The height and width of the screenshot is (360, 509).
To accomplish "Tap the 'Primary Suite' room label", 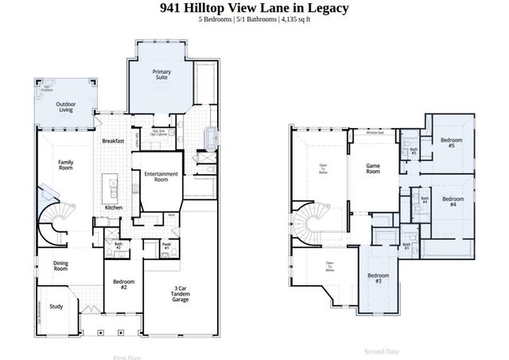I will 162,75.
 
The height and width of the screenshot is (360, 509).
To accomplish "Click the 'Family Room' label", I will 66,165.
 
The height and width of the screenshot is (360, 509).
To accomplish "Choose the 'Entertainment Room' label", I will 161,177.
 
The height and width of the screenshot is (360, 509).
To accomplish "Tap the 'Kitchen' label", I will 114,208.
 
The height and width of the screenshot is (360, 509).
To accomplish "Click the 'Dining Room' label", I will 60,266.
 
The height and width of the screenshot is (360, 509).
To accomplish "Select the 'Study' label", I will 56,306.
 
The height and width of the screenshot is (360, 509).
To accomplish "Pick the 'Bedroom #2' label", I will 123,285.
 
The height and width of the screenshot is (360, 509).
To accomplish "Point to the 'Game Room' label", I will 373,168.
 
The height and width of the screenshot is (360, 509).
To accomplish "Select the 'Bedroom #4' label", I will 453,201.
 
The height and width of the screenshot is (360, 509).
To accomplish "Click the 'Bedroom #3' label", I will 379,278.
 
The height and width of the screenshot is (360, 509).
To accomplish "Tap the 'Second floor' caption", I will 382,350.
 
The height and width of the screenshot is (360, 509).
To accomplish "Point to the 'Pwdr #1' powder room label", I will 166,246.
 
